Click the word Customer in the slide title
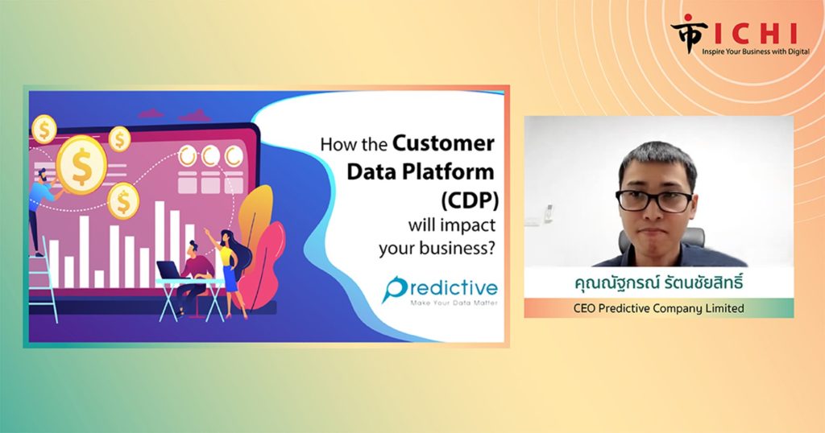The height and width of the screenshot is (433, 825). (444, 143)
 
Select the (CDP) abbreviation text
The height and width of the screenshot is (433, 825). (470, 200)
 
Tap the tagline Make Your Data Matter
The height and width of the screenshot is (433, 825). (454, 303)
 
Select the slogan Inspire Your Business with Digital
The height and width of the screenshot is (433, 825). (756, 52)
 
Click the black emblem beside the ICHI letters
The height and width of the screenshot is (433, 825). (689, 32)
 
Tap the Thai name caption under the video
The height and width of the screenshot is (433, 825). (659, 283)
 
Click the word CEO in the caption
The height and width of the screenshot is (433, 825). (584, 308)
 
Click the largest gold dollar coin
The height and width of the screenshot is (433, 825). (81, 164)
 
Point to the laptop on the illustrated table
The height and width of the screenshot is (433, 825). (169, 270)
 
